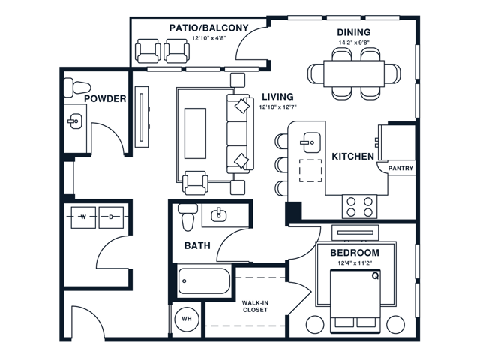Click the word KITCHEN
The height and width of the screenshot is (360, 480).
pos(353,157)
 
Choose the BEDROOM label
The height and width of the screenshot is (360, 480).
pos(355,253)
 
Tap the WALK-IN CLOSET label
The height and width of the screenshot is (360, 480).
pos(256,305)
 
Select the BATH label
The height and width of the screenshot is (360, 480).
pos(196,245)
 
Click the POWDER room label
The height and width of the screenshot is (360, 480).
pos(104,98)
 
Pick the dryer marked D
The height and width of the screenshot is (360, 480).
pos(110,216)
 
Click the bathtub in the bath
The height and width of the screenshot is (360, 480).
pos(204,282)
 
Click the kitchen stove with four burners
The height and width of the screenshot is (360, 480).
pos(359,205)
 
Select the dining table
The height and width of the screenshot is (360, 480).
pos(354,73)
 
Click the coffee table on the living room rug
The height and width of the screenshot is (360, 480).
pos(195,133)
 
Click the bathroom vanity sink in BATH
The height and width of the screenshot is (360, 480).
pos(220,215)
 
